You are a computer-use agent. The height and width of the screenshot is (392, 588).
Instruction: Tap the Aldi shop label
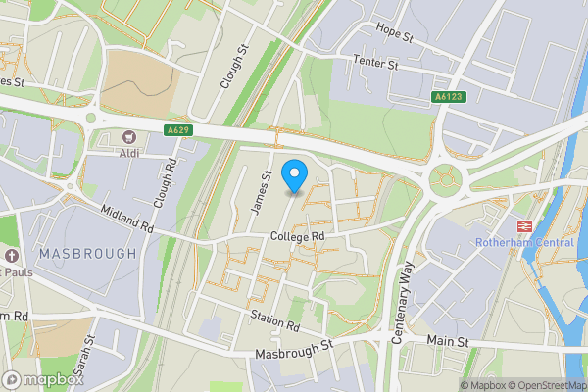point(128,154)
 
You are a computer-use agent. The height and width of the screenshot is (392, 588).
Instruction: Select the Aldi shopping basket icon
point(128,137)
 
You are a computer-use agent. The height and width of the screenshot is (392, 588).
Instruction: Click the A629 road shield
point(177,130)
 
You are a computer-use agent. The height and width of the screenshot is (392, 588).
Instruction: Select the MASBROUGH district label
point(87,253)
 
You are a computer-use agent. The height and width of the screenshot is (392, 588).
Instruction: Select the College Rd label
point(298,237)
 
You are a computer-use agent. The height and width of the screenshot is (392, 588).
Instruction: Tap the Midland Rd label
point(128,220)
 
